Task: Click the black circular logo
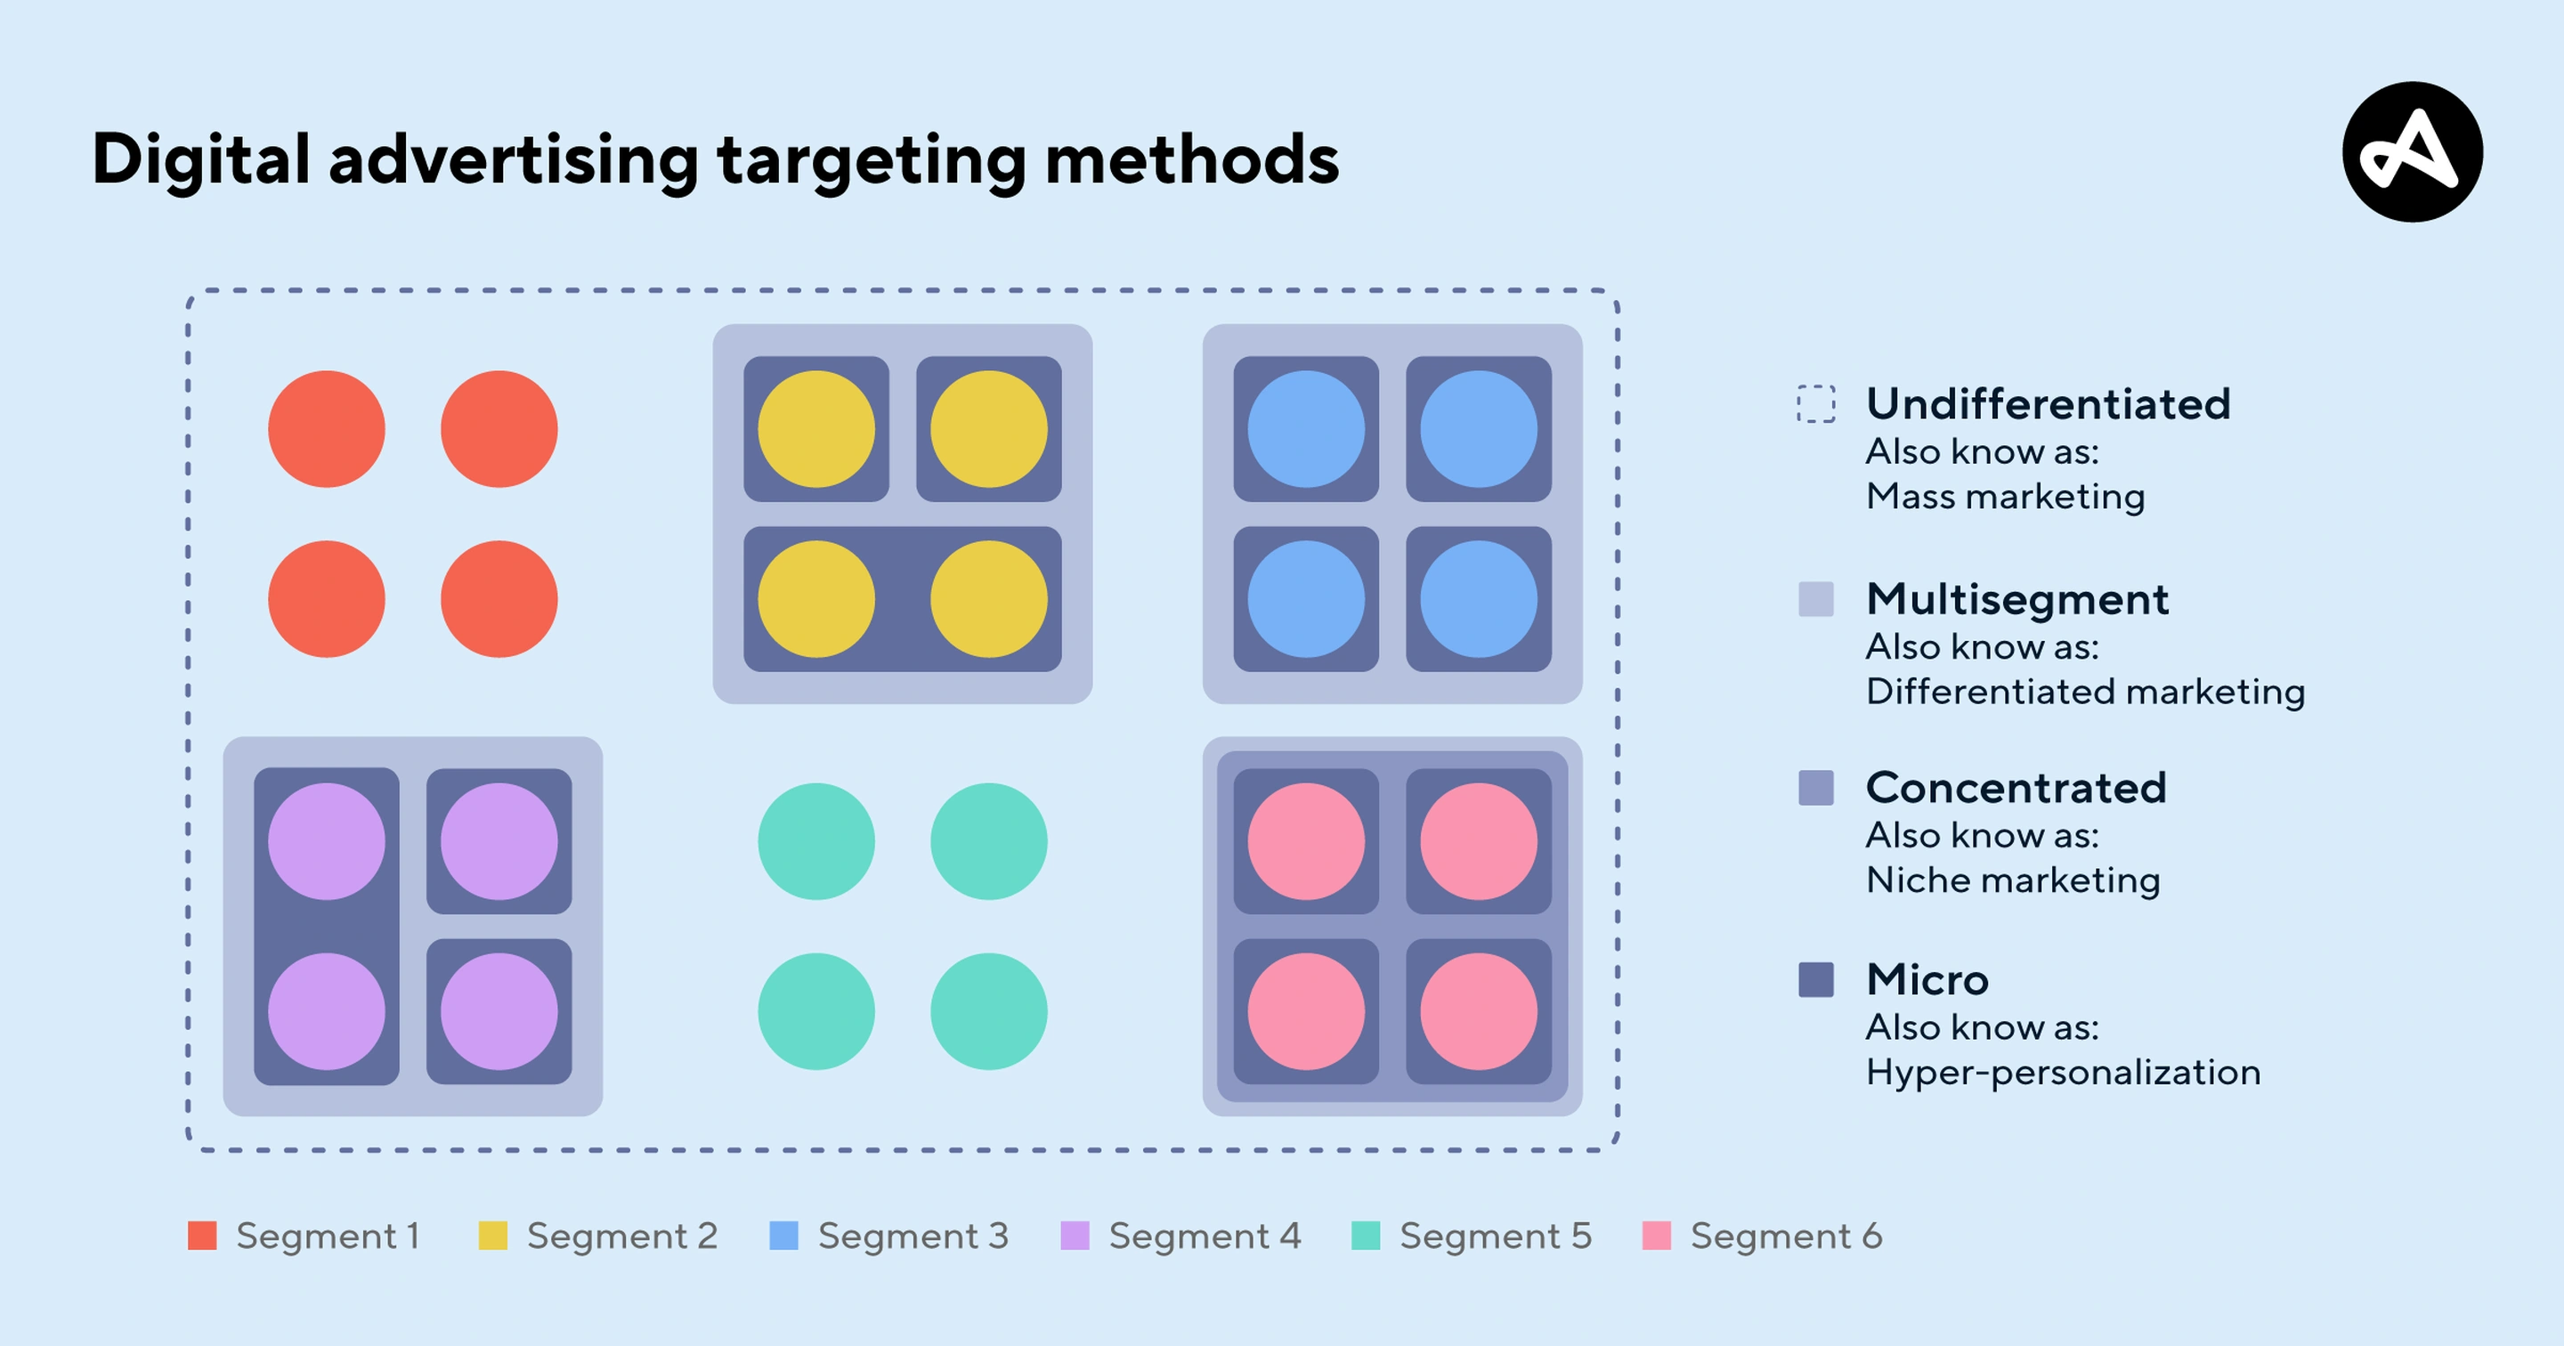pos(2412,152)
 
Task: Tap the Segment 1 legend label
pos(328,1236)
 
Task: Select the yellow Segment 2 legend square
pos(492,1236)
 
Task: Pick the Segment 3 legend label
pos(913,1236)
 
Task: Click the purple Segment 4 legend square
pos(1075,1236)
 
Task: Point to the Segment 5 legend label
pos(1495,1236)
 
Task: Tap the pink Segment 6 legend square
pos(1656,1236)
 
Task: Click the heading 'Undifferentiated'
pos(2048,404)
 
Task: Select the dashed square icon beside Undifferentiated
pos(1815,403)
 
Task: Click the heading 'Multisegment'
pos(2016,599)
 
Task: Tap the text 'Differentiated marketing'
pos(2085,691)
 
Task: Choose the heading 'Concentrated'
pos(2016,788)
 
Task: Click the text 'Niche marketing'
pos(2013,880)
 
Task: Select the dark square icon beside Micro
pos(1815,979)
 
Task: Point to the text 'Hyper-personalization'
pos(2063,1072)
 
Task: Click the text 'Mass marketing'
pos(2005,496)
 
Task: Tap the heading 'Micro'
pos(1927,979)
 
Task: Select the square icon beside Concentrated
pos(1815,788)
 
